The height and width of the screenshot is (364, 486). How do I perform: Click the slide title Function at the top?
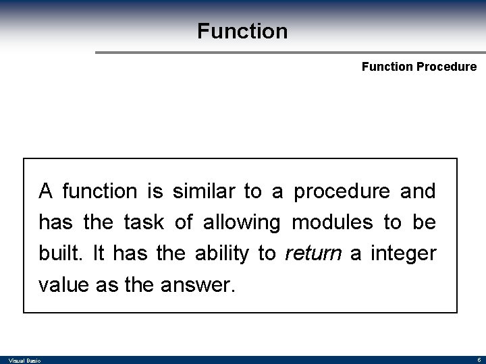(x=242, y=31)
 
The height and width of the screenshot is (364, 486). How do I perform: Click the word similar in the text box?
(x=200, y=191)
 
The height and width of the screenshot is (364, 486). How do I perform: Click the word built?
(x=56, y=254)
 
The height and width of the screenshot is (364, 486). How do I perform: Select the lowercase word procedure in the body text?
(x=341, y=191)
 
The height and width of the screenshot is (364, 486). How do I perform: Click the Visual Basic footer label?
(x=26, y=361)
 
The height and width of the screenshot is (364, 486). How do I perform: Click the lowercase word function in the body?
(x=99, y=191)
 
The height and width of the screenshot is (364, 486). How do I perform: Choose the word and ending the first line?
(x=418, y=191)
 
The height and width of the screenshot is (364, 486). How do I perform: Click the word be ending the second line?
(x=425, y=222)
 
